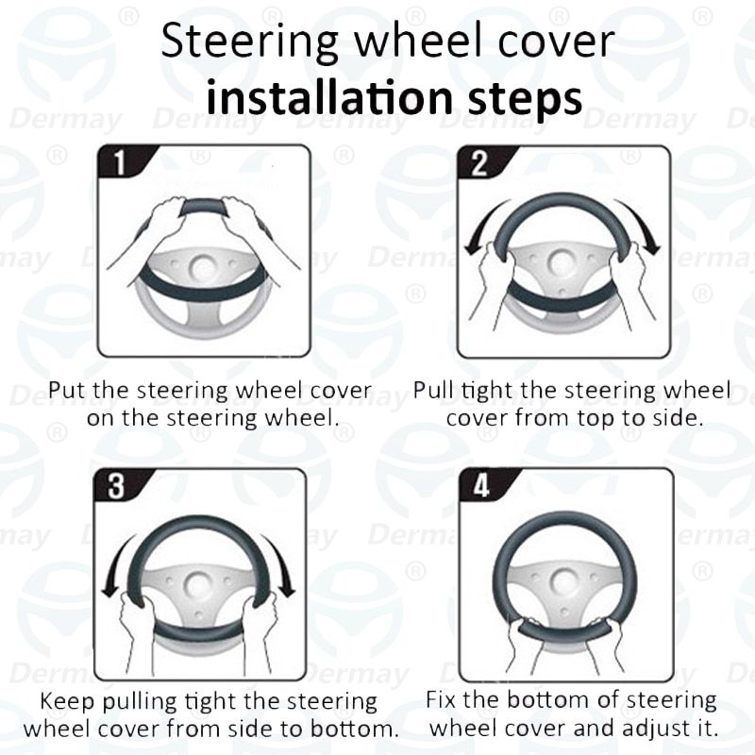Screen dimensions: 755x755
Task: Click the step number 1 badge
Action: point(119,163)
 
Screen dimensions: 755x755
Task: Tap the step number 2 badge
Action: point(478,163)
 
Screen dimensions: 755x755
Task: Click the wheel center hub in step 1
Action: point(204,268)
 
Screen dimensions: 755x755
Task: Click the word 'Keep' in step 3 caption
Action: point(66,703)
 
